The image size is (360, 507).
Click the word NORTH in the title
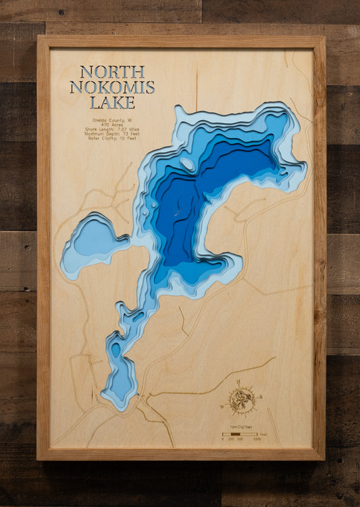pyautogui.click(x=112, y=72)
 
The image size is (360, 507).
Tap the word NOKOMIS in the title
pyautogui.click(x=112, y=87)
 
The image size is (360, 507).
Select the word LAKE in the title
pyautogui.click(x=112, y=103)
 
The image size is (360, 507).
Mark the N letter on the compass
pyautogui.click(x=239, y=383)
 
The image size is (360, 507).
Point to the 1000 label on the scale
pyautogui.click(x=257, y=439)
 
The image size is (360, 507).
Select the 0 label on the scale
pyautogui.click(x=223, y=439)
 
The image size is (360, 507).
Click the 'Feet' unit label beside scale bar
pyautogui.click(x=264, y=434)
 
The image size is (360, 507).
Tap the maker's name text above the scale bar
pyautogui.click(x=240, y=427)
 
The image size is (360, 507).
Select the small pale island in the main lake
pyautogui.click(x=187, y=164)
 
